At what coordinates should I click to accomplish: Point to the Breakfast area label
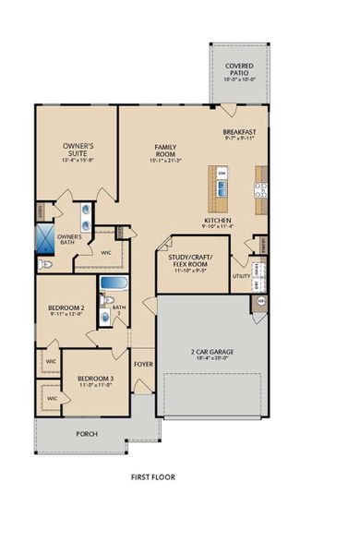(239, 133)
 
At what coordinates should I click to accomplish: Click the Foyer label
(143, 364)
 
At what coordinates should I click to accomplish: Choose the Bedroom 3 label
(94, 379)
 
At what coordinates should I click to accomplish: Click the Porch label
(86, 432)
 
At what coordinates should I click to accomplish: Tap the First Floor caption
(153, 477)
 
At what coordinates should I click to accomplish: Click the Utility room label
(241, 275)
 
